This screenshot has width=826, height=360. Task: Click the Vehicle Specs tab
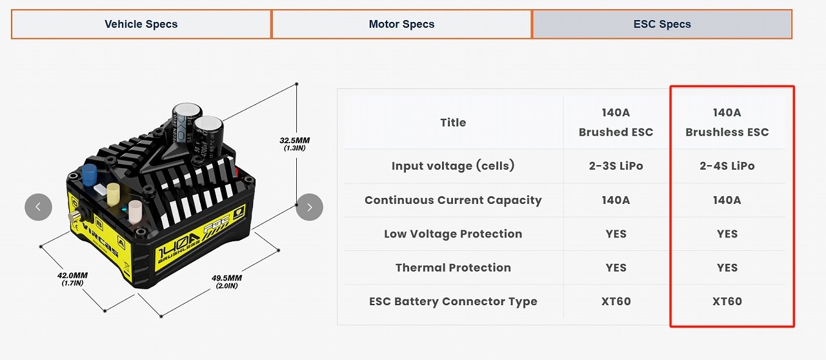[x=141, y=25]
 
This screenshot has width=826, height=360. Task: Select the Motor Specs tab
[x=401, y=25]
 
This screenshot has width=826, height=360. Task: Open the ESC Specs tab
[x=661, y=25]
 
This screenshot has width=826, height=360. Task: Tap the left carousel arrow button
[x=38, y=207]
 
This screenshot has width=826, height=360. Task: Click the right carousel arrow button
[x=310, y=207]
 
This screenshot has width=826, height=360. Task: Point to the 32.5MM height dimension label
[x=294, y=143]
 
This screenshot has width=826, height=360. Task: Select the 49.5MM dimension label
[x=227, y=281]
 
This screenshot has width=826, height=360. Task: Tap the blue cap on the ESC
[x=89, y=174]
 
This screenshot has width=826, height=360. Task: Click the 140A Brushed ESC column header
[x=616, y=123]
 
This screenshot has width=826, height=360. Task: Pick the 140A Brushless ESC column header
[x=727, y=123]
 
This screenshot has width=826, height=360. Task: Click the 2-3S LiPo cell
[x=616, y=166]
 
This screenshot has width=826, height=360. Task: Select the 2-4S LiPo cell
[x=727, y=166]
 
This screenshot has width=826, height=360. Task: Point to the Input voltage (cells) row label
[x=453, y=166]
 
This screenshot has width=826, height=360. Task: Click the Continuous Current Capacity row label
[x=453, y=200]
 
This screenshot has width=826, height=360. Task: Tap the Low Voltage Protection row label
[x=453, y=234]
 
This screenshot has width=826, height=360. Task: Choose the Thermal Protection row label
[x=453, y=268]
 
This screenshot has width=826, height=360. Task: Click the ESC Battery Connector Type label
[x=453, y=301]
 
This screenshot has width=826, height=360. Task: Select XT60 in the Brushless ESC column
[x=727, y=301]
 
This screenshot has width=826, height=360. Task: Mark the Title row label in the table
[x=453, y=123]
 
